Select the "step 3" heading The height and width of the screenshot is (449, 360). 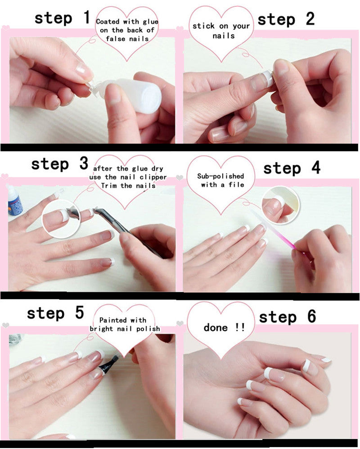pyautogui.click(x=59, y=164)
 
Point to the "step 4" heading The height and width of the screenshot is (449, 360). pyautogui.click(x=292, y=168)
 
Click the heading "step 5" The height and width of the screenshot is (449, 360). pyautogui.click(x=55, y=313)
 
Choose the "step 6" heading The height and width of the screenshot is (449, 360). pyautogui.click(x=288, y=317)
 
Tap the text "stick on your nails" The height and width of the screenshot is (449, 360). pyautogui.click(x=221, y=30)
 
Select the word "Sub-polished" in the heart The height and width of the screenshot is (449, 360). pyautogui.click(x=220, y=176)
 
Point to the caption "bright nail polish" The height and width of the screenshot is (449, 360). pyautogui.click(x=125, y=328)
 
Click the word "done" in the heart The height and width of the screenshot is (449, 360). pyautogui.click(x=215, y=327)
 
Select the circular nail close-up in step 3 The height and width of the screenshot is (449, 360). pyautogui.click(x=58, y=219)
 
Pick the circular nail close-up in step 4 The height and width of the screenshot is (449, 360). pyautogui.click(x=279, y=205)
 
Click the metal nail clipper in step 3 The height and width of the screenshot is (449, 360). pyautogui.click(x=126, y=232)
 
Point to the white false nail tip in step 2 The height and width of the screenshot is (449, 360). pyautogui.click(x=268, y=79)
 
